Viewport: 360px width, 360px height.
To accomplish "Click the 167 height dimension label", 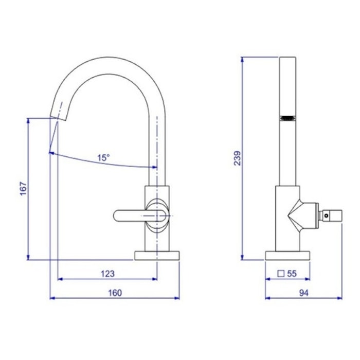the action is [24, 189].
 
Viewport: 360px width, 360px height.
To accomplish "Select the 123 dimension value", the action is [107, 274].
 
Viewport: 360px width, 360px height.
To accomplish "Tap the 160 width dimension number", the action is [115, 293].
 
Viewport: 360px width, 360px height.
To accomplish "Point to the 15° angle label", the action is [103, 158].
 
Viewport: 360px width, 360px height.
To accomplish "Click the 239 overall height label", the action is [238, 158].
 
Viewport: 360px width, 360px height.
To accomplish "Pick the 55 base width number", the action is [292, 274].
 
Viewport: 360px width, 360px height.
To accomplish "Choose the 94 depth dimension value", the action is [304, 293].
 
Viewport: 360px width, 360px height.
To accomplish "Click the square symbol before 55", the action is [281, 274].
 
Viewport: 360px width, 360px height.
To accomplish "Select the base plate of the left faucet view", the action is [157, 256].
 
